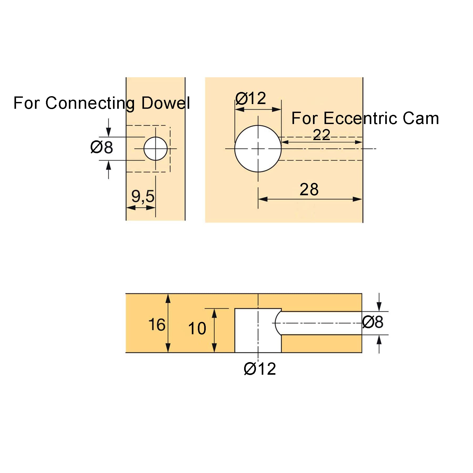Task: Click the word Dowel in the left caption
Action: tap(166, 103)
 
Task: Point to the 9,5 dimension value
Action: tap(143, 196)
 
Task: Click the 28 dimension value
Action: tap(309, 189)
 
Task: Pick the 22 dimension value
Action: tap(321, 135)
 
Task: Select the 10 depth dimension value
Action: tap(197, 328)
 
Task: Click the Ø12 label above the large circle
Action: tap(251, 98)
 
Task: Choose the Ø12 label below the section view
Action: tap(260, 369)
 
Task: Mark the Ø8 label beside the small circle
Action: tap(101, 147)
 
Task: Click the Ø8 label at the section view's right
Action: tap(373, 322)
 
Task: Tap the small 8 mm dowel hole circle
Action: tap(144, 148)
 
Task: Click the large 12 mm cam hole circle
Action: tap(235, 149)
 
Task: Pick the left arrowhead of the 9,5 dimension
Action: tap(131, 208)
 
